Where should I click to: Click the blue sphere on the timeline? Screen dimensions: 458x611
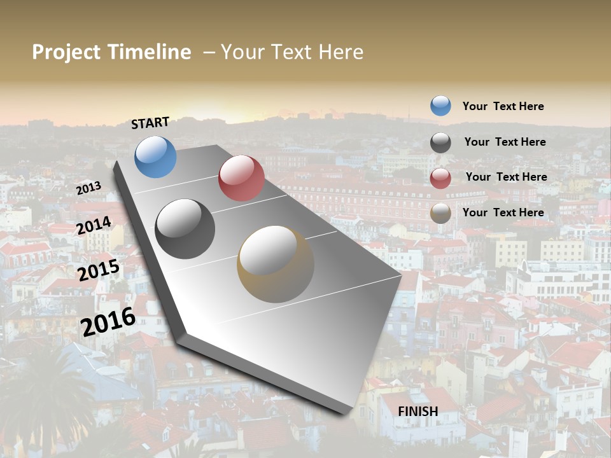click(155, 156)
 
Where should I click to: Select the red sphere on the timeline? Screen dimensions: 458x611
click(241, 178)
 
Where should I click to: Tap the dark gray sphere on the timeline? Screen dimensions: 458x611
click(185, 229)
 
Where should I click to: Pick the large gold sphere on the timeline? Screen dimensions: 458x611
click(276, 264)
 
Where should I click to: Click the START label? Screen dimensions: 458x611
click(150, 123)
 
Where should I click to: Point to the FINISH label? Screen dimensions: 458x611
click(418, 412)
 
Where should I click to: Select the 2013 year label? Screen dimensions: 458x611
click(88, 188)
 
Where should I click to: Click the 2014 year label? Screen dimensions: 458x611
click(94, 225)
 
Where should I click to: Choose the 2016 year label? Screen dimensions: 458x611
click(108, 321)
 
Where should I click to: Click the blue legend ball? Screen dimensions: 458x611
click(440, 106)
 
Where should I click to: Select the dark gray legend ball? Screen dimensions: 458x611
click(440, 142)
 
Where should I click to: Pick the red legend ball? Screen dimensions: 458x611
click(440, 178)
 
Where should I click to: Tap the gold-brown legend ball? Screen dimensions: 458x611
click(440, 213)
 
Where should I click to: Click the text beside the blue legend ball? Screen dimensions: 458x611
click(503, 106)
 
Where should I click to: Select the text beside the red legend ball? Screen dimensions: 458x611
click(506, 177)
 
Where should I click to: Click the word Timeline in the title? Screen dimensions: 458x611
click(149, 52)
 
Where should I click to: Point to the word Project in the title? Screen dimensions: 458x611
click(67, 52)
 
